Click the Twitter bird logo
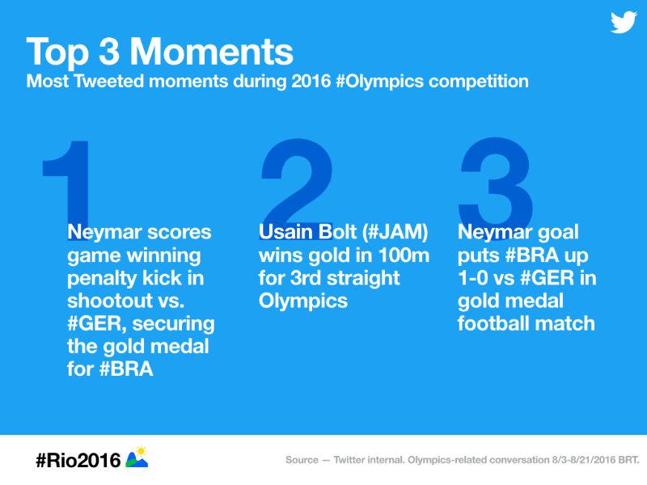(624, 23)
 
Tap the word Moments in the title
(211, 52)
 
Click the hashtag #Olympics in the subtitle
(379, 82)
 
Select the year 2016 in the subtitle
(311, 82)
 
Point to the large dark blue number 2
(297, 182)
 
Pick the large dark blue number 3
(495, 181)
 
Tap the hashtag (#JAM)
(395, 232)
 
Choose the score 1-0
(473, 278)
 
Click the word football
(488, 323)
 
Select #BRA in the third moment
(532, 255)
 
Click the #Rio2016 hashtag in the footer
(78, 460)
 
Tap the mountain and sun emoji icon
(137, 457)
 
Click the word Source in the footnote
(302, 460)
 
